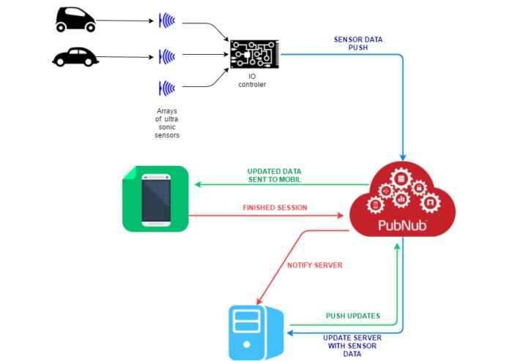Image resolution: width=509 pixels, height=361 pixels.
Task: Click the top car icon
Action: pos(75,20)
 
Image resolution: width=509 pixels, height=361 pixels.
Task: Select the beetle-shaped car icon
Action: pos(75,57)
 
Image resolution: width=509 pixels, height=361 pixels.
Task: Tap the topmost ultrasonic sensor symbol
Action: pos(167,20)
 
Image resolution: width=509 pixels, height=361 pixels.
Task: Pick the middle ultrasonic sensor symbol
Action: pos(167,57)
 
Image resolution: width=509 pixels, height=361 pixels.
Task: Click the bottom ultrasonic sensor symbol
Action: pos(167,88)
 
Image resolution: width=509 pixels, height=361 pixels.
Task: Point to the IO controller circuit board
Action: pos(255,54)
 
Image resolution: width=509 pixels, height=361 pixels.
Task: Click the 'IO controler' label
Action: pos(252,80)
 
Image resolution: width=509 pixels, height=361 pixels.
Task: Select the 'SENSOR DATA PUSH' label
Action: pos(358,43)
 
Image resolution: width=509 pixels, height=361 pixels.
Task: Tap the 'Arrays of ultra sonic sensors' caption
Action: pos(167,123)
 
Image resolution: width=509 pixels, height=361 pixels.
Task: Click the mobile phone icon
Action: pos(156,199)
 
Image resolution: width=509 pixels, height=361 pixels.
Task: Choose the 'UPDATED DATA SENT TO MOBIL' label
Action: pos(275,175)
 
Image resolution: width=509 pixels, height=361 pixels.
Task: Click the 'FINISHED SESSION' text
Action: pos(275,208)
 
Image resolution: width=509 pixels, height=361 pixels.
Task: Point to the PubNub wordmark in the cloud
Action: pos(403,225)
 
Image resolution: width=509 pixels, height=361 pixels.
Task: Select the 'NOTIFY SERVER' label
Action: pos(315,265)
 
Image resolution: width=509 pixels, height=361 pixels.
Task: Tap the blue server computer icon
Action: pos(256,332)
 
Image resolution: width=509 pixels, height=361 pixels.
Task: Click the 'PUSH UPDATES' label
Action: pos(353,316)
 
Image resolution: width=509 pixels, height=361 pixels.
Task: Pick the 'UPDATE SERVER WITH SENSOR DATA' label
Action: pos(352,346)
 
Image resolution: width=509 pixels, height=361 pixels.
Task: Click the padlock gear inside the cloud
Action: pos(419,188)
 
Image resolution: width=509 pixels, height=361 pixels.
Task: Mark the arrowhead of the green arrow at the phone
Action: pos(197,185)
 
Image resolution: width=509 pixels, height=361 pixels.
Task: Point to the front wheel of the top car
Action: pos(91,28)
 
